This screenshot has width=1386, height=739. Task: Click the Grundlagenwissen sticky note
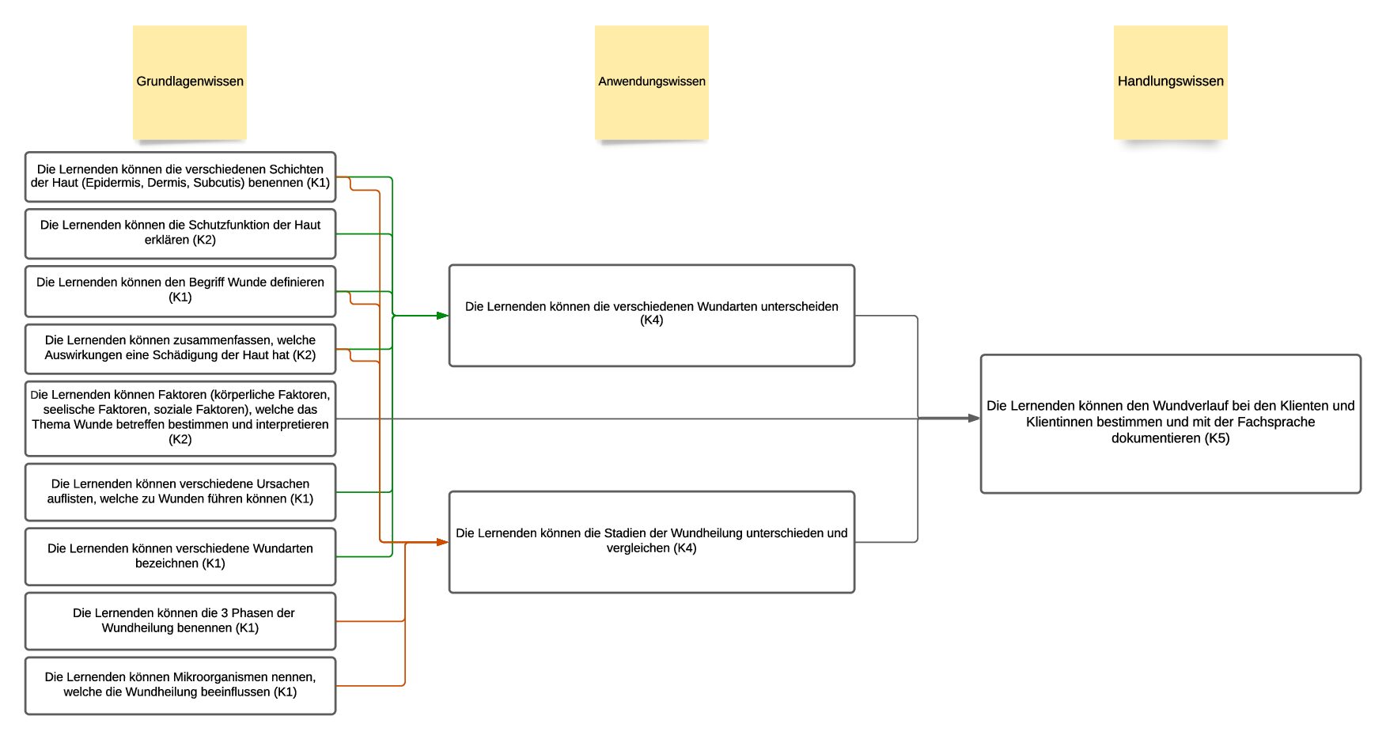coord(190,82)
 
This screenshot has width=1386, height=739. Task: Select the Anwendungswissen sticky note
coord(652,82)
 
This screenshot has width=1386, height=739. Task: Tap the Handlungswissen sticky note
coord(1171,82)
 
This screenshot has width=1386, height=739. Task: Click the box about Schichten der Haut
coord(180,176)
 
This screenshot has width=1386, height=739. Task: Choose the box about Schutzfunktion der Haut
coord(180,233)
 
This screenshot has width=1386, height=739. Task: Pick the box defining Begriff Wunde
coord(180,291)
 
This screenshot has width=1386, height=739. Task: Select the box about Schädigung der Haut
coord(180,348)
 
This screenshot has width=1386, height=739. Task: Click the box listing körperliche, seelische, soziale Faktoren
coord(180,418)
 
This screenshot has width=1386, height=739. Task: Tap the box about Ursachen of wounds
coord(180,491)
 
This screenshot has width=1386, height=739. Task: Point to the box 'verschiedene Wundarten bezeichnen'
coord(180,556)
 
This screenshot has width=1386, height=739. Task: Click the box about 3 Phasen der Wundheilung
coord(180,621)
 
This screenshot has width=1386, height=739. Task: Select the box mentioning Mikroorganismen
coord(180,685)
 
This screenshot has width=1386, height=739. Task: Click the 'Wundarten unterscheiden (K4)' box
coord(652,316)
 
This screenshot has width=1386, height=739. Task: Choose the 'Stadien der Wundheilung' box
coord(652,542)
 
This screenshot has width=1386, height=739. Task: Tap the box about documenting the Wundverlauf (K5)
coord(1171,423)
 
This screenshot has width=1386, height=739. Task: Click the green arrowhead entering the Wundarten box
coord(443,316)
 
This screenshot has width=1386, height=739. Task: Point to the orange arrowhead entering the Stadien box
coord(443,542)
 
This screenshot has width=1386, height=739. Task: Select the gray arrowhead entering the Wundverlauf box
coord(975,418)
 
